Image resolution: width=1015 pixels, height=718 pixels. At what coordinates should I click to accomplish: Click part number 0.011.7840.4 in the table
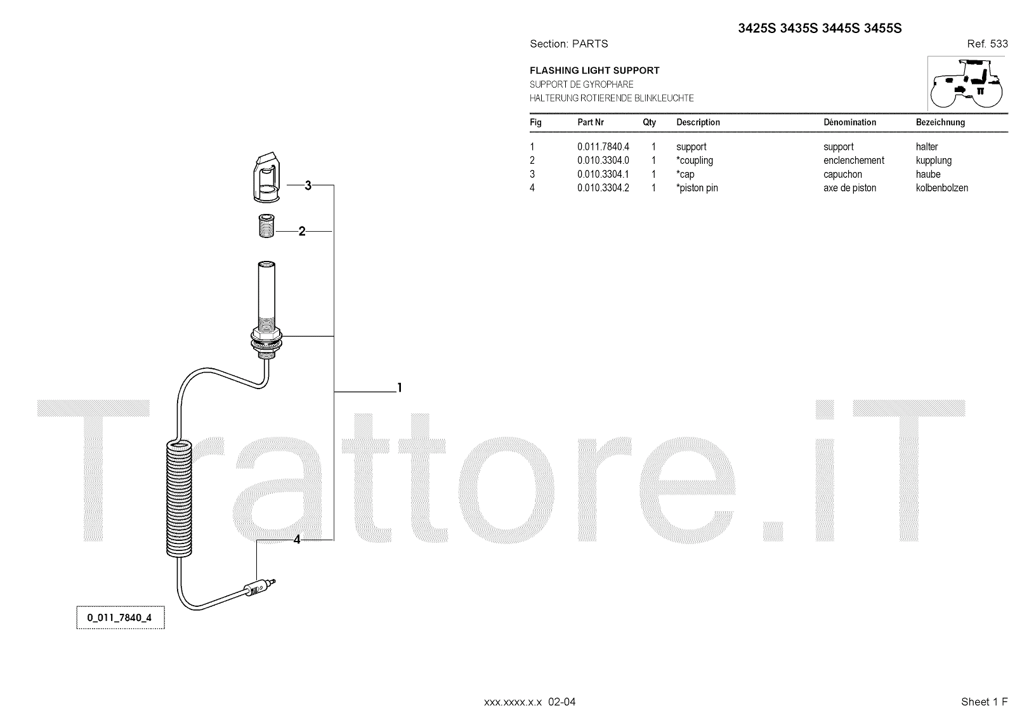(x=603, y=147)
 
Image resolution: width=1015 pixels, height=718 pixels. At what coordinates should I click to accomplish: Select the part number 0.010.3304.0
(x=603, y=161)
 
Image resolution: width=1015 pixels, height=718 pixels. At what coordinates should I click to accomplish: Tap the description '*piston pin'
(x=697, y=188)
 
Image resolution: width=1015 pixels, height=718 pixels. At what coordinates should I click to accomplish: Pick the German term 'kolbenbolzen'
(x=941, y=188)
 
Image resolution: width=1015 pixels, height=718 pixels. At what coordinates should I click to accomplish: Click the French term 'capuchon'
(x=842, y=174)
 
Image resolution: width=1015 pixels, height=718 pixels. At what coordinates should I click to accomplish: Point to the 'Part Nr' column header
(x=590, y=122)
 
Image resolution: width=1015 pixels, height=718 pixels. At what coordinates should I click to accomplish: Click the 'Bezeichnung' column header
(x=940, y=122)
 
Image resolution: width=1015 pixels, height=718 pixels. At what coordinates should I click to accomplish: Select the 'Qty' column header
(x=649, y=122)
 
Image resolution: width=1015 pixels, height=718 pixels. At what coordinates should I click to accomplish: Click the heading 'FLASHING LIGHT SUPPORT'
(x=594, y=70)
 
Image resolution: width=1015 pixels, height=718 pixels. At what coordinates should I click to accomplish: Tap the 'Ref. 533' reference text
(x=987, y=44)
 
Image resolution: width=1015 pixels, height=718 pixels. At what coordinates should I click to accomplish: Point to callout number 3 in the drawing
(x=308, y=185)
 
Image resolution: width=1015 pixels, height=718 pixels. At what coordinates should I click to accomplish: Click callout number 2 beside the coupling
(x=302, y=232)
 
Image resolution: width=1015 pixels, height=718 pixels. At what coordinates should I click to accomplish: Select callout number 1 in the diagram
(x=399, y=387)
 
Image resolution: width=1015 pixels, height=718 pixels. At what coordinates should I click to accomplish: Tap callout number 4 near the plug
(x=297, y=540)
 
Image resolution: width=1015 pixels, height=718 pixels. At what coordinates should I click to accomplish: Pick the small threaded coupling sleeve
(x=266, y=227)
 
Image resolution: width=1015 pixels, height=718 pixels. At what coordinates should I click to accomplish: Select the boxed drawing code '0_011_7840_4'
(x=120, y=618)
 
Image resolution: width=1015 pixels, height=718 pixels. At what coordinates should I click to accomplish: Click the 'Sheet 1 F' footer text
(x=984, y=701)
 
